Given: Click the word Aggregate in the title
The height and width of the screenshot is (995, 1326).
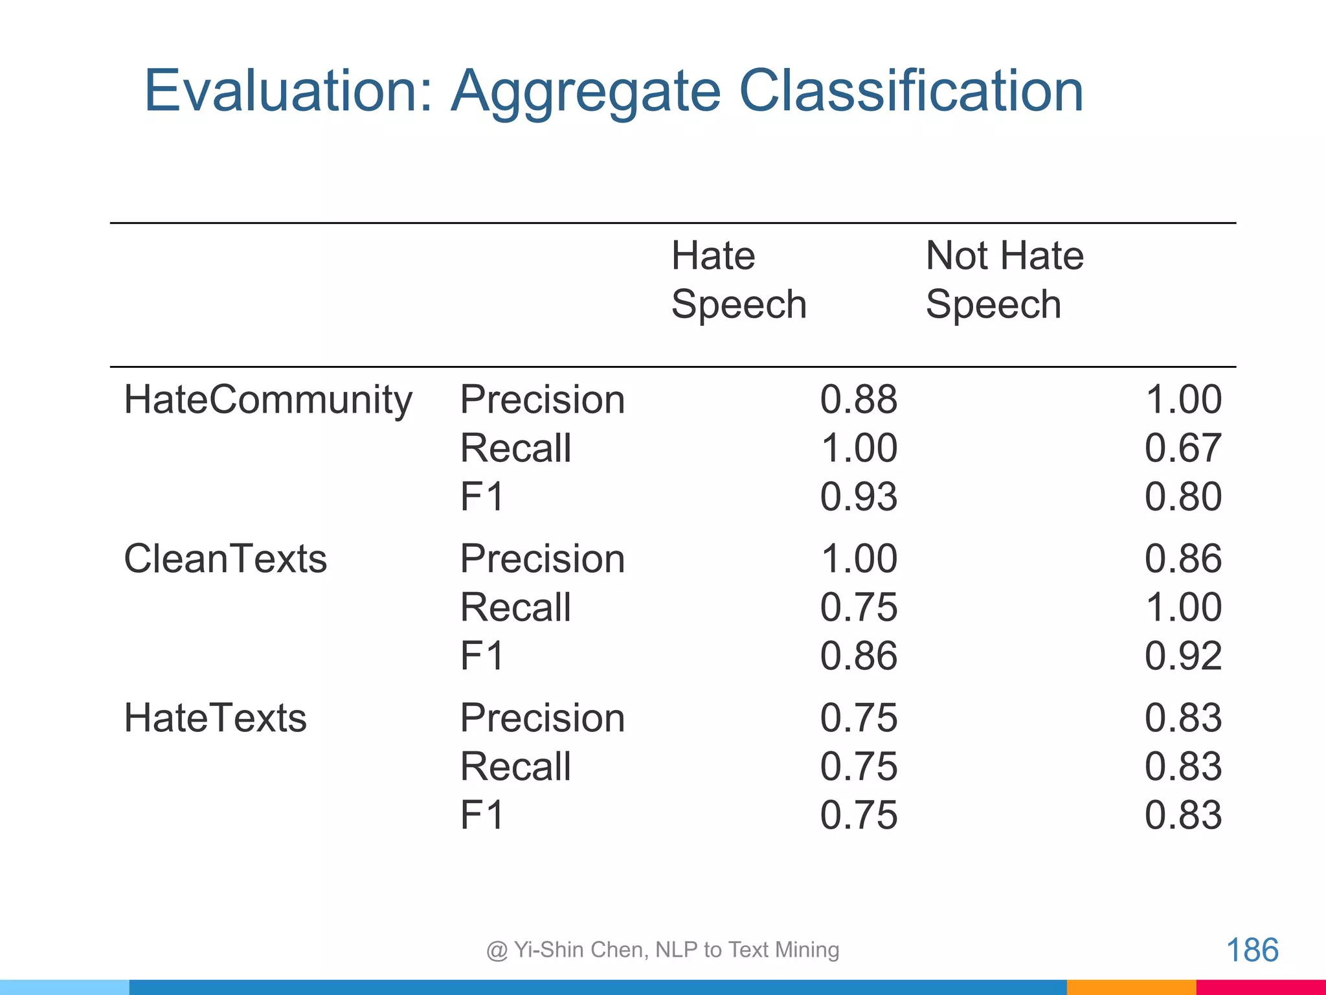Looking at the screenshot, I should (x=585, y=92).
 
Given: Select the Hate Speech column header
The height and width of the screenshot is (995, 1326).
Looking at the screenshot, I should (x=739, y=280).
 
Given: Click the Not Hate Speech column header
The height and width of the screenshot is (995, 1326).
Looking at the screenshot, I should (x=1004, y=280).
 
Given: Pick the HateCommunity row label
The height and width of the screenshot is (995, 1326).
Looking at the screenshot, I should (x=267, y=400).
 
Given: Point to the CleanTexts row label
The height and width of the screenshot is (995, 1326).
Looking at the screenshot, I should (x=225, y=558).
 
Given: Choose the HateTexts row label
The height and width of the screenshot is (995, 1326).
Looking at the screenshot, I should (x=215, y=718).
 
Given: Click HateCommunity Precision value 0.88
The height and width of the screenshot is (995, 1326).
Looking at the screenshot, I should (x=859, y=399).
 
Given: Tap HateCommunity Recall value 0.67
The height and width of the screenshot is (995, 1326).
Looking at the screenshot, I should (x=1183, y=448).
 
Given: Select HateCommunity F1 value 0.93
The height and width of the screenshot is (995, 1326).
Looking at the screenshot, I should (x=859, y=497).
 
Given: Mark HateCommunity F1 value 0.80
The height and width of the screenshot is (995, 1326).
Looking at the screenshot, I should (x=1183, y=497).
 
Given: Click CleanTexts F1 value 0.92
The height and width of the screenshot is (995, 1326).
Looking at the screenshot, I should (x=1183, y=656).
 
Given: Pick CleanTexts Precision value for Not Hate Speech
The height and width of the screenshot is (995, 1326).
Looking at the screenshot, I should (x=1183, y=558).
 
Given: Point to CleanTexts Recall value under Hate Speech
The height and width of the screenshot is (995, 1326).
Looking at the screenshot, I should (x=859, y=607).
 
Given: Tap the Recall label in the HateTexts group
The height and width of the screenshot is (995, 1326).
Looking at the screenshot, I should (x=515, y=766).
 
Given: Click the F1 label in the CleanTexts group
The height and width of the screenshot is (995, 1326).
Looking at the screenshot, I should (x=482, y=656).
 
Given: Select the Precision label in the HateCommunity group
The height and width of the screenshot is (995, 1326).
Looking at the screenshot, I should (x=543, y=399).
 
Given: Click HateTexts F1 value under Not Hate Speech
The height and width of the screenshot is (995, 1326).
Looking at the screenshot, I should (x=1183, y=815).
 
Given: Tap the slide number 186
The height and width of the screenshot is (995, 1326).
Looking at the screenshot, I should (x=1252, y=950).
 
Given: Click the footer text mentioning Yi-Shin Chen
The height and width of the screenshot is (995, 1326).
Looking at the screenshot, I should (x=662, y=950).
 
